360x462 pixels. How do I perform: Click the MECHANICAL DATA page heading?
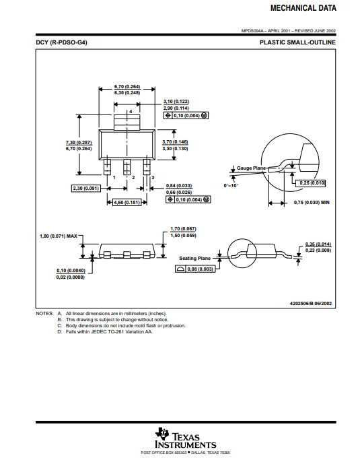[x=303, y=8]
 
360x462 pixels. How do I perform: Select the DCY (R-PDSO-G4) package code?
[x=61, y=42]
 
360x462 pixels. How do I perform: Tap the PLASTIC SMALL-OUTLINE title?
[x=297, y=42]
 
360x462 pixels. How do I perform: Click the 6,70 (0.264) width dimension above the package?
[x=127, y=87]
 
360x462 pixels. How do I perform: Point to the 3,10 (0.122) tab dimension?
[x=176, y=102]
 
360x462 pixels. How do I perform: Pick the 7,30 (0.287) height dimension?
[x=79, y=143]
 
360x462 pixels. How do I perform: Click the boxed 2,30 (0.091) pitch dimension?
[x=86, y=189]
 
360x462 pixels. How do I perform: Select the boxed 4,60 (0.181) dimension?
[x=127, y=203]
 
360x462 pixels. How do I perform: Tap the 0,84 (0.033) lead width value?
[x=179, y=186]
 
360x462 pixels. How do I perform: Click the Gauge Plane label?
[x=251, y=168]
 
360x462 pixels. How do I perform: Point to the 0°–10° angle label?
[x=231, y=186]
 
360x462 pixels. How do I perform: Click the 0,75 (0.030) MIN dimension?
[x=312, y=203]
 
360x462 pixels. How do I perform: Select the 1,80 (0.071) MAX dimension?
[x=59, y=236]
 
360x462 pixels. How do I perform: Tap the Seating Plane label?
[x=195, y=259]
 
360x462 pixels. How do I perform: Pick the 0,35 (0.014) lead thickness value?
[x=318, y=244]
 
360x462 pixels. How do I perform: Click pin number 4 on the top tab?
[x=131, y=111]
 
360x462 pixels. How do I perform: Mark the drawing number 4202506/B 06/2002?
[x=311, y=304]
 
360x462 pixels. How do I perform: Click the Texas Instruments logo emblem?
[x=161, y=434]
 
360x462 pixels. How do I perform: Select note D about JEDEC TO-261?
[x=105, y=332]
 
